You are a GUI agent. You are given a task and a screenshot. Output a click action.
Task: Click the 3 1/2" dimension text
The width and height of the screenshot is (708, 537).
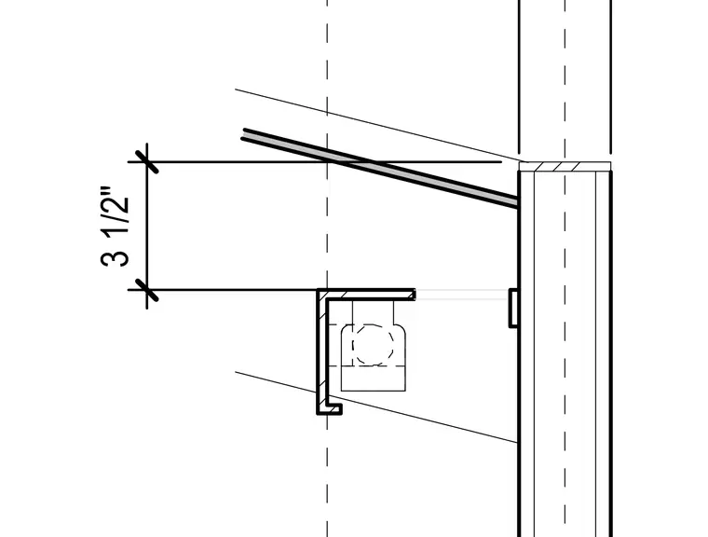[x=115, y=226]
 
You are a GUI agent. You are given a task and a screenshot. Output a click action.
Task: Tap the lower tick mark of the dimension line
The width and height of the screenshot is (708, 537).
[x=147, y=290]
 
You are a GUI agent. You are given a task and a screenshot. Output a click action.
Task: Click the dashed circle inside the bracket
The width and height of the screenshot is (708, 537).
[x=373, y=344]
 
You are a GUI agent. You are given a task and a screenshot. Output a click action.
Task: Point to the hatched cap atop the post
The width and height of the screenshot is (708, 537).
[x=565, y=166]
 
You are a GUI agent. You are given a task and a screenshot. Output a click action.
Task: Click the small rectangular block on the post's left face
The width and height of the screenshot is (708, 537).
[x=513, y=308]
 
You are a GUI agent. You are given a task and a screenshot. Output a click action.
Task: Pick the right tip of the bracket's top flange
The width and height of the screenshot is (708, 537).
[x=415, y=295]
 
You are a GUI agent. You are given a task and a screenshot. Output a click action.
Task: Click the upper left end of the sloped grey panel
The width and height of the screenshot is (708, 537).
[x=243, y=134]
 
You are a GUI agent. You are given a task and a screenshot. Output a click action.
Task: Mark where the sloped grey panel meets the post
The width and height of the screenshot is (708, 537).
[x=516, y=201]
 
